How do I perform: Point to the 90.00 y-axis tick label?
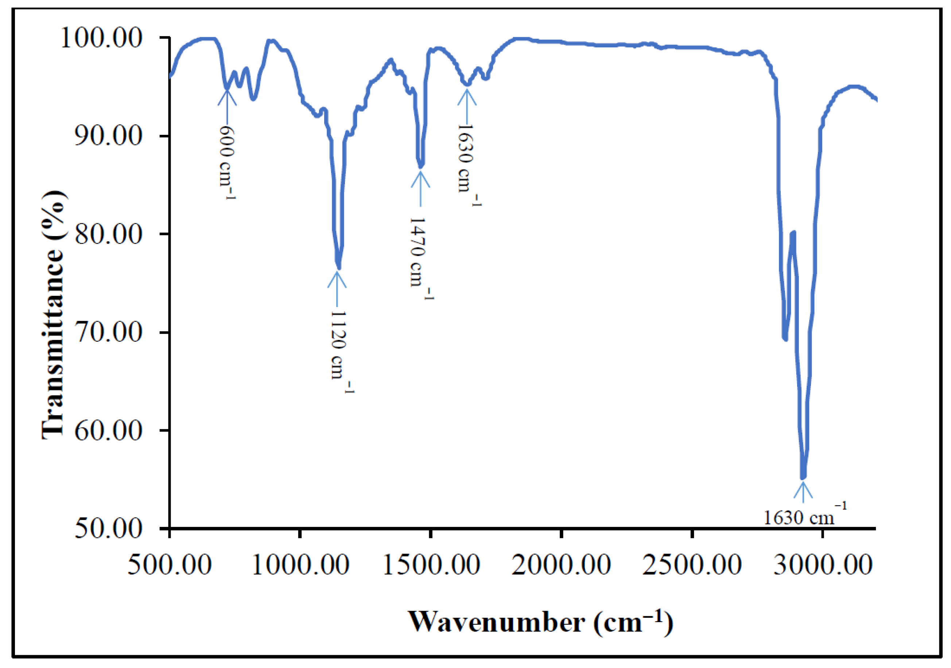point(109,136)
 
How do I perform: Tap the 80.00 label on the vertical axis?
point(109,234)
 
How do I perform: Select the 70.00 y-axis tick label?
point(109,332)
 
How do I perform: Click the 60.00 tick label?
point(109,430)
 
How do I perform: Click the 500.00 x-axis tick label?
point(170,565)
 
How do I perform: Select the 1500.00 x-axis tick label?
point(431,565)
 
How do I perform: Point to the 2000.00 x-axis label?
point(561,565)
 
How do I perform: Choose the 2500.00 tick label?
point(692,565)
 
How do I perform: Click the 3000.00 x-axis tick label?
point(823,565)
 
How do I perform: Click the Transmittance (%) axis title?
point(54,315)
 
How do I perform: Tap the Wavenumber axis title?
point(540,622)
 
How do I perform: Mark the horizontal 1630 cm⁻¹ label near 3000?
point(804,516)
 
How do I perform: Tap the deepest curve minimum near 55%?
point(803,477)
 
